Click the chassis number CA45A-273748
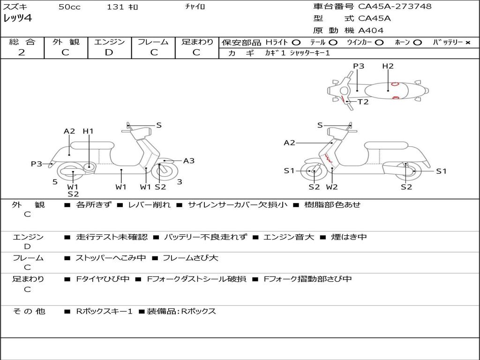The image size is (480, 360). [395, 7]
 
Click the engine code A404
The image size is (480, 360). [371, 30]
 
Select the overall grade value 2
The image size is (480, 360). [22, 52]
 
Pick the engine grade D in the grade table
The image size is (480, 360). [109, 52]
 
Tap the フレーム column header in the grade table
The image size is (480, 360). [153, 42]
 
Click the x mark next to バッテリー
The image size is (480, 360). [468, 43]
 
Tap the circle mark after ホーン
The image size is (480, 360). [417, 43]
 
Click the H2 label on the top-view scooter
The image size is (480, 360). [388, 66]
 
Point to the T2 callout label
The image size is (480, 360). [363, 102]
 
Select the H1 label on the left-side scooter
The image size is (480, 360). [88, 131]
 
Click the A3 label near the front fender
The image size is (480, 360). [189, 161]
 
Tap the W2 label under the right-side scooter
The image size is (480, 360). [332, 187]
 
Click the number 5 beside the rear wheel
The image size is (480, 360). [55, 182]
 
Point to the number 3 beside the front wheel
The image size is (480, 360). [180, 182]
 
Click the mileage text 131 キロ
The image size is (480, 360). [122, 7]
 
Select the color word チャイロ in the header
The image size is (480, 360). [195, 6]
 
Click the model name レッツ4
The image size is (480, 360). [17, 18]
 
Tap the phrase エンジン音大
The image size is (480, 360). [289, 237]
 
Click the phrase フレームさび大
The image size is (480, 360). [190, 258]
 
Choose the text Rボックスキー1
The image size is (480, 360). [104, 311]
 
